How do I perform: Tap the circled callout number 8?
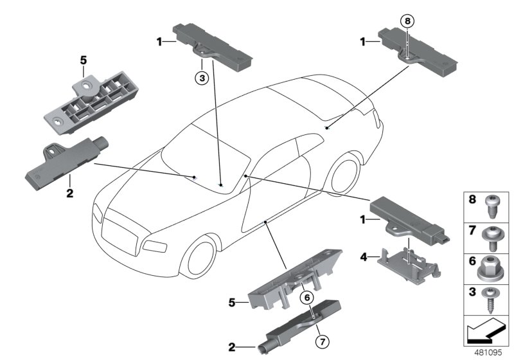406,22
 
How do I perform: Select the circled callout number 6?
307,297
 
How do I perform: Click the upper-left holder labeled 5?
94,102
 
